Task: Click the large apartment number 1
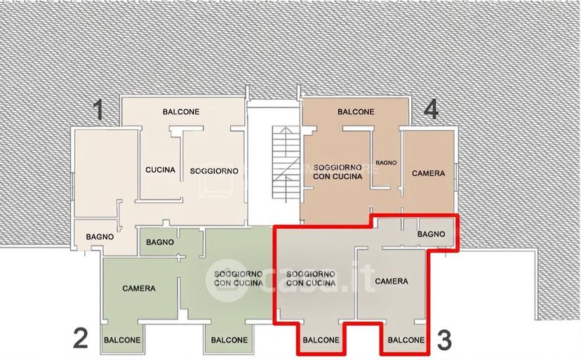point(98,109)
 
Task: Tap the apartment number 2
point(81,339)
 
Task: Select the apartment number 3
point(445,340)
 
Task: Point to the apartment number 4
point(432,109)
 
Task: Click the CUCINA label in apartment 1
point(160,170)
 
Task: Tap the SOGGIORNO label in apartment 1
point(214,171)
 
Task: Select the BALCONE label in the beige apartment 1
point(181,112)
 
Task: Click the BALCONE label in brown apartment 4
point(356,112)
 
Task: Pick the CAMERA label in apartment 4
point(428,173)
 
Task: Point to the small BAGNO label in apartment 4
point(386,163)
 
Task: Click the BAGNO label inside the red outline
point(431,234)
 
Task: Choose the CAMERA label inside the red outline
point(392,281)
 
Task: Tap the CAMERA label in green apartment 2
point(139,288)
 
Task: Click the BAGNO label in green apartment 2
point(160,242)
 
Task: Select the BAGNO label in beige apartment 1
point(100,236)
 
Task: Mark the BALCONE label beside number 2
point(122,340)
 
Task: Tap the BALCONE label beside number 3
point(406,340)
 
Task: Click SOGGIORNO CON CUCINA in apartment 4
point(338,172)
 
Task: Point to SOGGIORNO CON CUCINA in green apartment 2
point(239,279)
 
